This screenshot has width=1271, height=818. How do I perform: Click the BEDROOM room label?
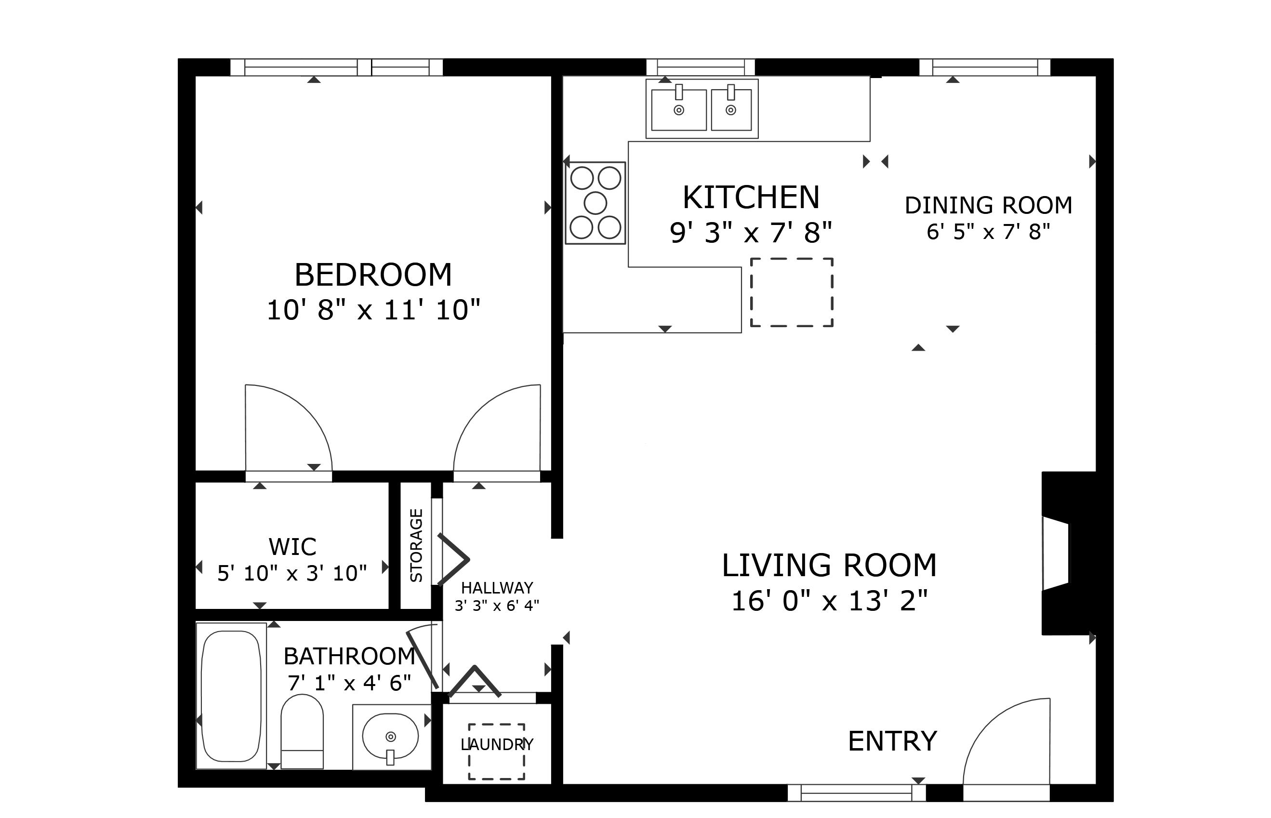373,275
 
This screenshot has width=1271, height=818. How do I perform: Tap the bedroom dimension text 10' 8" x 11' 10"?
373,310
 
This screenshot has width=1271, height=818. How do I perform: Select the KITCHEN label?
751,198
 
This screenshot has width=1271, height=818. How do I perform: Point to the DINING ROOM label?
988,206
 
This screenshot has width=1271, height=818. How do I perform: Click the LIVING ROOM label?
829,565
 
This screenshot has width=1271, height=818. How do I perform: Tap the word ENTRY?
892,741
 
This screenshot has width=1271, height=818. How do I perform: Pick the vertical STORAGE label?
416,545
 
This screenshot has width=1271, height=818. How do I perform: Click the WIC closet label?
292,547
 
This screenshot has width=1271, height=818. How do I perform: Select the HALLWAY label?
497,588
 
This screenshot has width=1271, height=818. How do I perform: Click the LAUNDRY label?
497,744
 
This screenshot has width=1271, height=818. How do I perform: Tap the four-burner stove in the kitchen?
595,203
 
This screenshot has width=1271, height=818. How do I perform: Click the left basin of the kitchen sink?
679,110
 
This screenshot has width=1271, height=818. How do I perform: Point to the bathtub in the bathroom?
232,696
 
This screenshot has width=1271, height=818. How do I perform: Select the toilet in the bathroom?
302,731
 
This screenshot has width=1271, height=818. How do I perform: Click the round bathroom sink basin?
390,737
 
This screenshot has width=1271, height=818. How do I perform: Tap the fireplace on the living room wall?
1068,553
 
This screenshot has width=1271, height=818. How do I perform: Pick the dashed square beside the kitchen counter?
792,292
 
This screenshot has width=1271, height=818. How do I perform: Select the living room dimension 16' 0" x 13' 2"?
829,601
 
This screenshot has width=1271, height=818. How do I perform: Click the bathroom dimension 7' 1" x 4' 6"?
349,683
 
